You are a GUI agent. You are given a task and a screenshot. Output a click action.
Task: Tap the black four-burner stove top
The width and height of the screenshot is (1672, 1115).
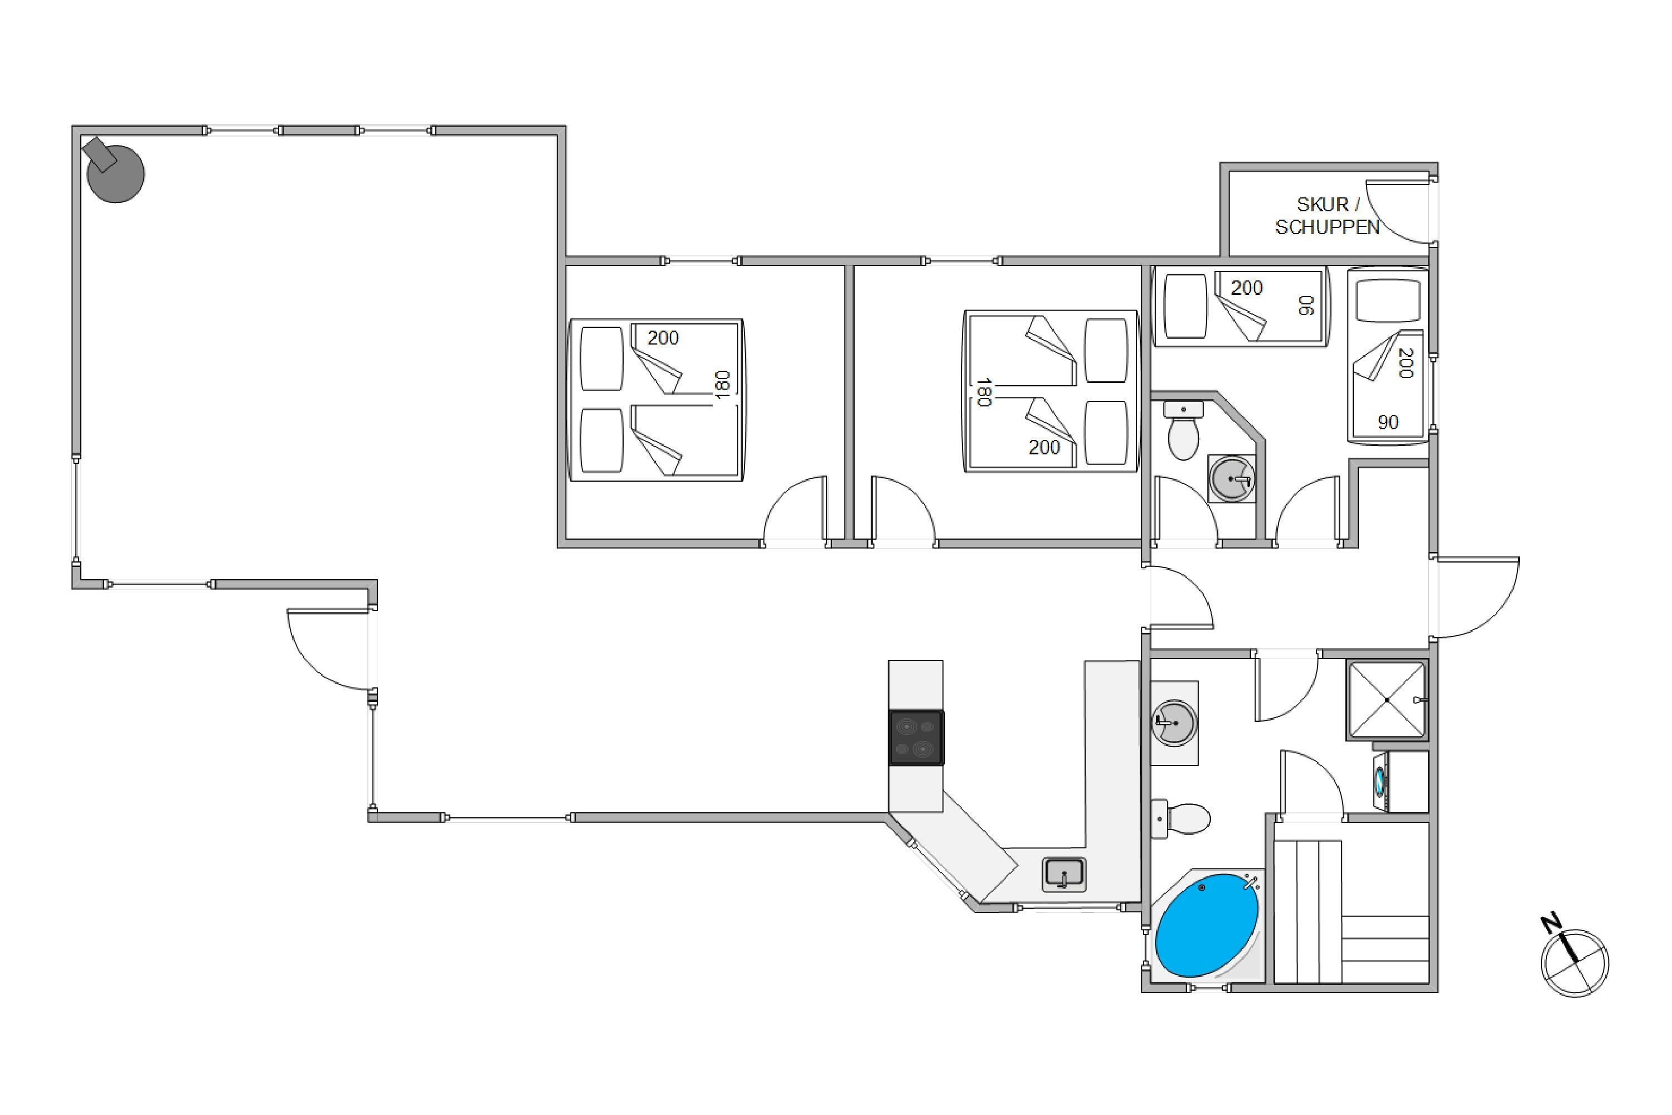click(x=916, y=738)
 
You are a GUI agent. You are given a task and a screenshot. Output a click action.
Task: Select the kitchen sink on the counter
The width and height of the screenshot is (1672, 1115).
click(x=1063, y=874)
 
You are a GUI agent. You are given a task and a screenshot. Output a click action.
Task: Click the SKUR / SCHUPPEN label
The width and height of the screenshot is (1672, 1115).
click(x=1327, y=215)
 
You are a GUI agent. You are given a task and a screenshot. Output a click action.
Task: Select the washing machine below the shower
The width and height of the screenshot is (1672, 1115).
click(x=1401, y=782)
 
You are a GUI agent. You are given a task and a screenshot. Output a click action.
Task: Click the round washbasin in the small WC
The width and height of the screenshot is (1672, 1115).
click(x=1232, y=478)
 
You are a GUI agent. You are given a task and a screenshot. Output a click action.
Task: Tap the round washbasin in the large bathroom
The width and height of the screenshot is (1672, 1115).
click(x=1174, y=723)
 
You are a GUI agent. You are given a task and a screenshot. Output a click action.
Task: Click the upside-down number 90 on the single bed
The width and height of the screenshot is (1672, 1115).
click(x=1306, y=305)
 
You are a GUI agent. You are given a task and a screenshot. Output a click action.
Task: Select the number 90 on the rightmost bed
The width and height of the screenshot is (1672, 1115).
click(x=1388, y=423)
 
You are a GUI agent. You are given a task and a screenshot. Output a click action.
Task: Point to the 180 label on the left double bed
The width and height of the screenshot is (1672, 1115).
click(x=722, y=384)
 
